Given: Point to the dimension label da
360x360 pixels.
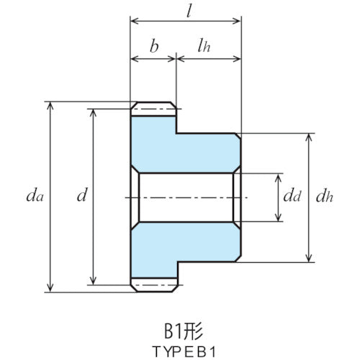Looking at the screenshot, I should [32, 195].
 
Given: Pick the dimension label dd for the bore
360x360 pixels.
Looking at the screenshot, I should [291, 196].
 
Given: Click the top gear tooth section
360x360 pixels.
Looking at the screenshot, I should [154, 109].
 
